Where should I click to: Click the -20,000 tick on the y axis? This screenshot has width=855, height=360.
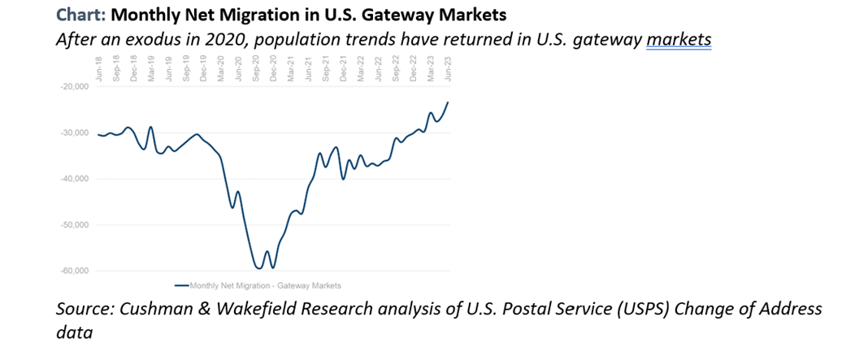(70, 86)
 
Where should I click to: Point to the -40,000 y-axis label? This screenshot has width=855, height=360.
(70, 179)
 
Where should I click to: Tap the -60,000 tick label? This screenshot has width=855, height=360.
(70, 271)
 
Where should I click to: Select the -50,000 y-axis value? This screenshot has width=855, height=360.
(70, 224)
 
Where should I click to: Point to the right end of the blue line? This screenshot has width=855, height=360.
(448, 102)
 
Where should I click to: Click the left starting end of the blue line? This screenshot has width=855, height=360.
(98, 135)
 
